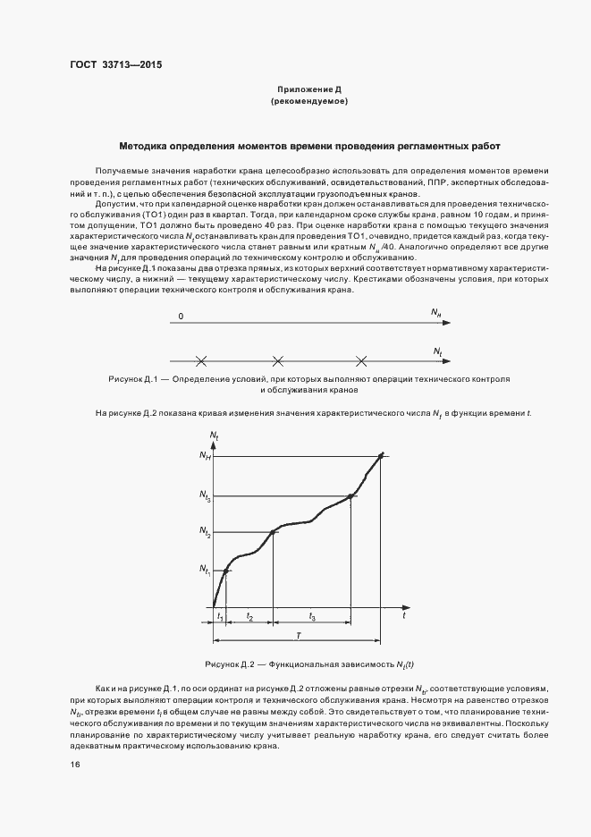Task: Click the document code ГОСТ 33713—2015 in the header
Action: coord(115,65)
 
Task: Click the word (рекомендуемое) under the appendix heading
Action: coord(308,102)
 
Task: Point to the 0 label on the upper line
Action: coord(181,317)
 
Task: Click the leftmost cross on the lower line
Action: coord(201,361)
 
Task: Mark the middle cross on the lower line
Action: coord(278,361)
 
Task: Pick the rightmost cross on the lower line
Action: coord(361,361)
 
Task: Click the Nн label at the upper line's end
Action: coord(435,315)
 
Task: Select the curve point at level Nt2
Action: coord(273,532)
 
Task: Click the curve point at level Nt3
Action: coord(351,495)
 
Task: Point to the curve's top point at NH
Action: coord(382,455)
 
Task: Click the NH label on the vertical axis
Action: coord(205,457)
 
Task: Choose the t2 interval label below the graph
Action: coord(249,618)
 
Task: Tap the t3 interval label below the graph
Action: coord(311,618)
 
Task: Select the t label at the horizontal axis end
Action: coord(404,616)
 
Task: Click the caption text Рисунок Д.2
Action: coord(232,664)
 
